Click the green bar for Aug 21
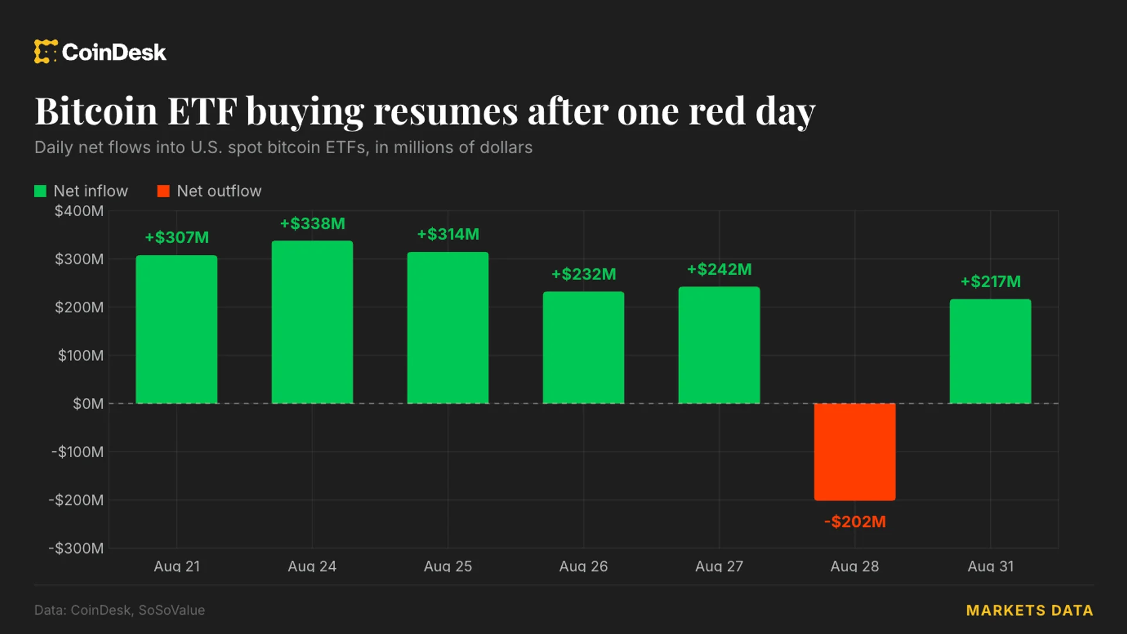point(176,329)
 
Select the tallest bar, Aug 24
point(312,322)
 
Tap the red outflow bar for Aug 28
point(855,451)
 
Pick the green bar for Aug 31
point(990,351)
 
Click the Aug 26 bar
point(583,348)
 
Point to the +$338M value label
point(312,224)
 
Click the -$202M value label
point(855,521)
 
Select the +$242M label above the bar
point(719,269)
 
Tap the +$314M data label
point(448,234)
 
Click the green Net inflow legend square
point(40,191)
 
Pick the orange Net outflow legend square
point(163,191)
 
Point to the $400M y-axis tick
point(79,211)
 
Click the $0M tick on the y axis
point(88,404)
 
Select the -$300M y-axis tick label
point(76,548)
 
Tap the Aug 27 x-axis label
point(719,566)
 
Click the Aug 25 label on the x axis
point(448,566)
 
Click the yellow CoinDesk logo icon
point(46,52)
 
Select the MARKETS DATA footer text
point(1030,611)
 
